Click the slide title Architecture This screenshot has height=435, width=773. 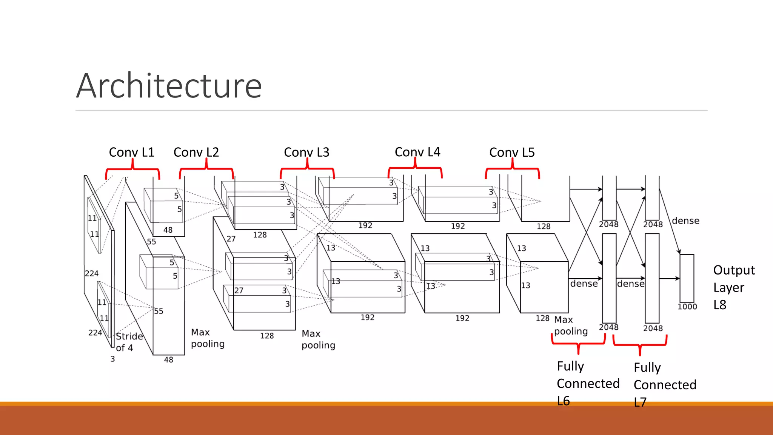coord(169,86)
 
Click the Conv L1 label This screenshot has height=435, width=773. coord(132,152)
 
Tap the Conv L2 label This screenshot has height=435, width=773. coord(196,152)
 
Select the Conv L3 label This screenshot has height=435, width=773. coord(306,152)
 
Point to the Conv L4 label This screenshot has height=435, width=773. coord(417,152)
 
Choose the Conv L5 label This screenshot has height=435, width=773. coord(512,152)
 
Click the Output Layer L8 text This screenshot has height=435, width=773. coord(733,287)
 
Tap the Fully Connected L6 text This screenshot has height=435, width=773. coord(587,383)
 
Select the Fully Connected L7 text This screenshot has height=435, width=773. coord(664,384)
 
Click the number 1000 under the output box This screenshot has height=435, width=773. coord(687,307)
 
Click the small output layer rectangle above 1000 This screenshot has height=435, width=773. coord(687,278)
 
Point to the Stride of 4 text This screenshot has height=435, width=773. coord(129,342)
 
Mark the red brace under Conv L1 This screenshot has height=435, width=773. coord(132,170)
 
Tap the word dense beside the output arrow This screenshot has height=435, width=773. coord(685,221)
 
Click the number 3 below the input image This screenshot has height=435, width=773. coord(112,359)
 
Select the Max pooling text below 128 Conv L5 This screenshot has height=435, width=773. coord(570,325)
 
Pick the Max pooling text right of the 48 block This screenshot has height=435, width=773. coord(208,338)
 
